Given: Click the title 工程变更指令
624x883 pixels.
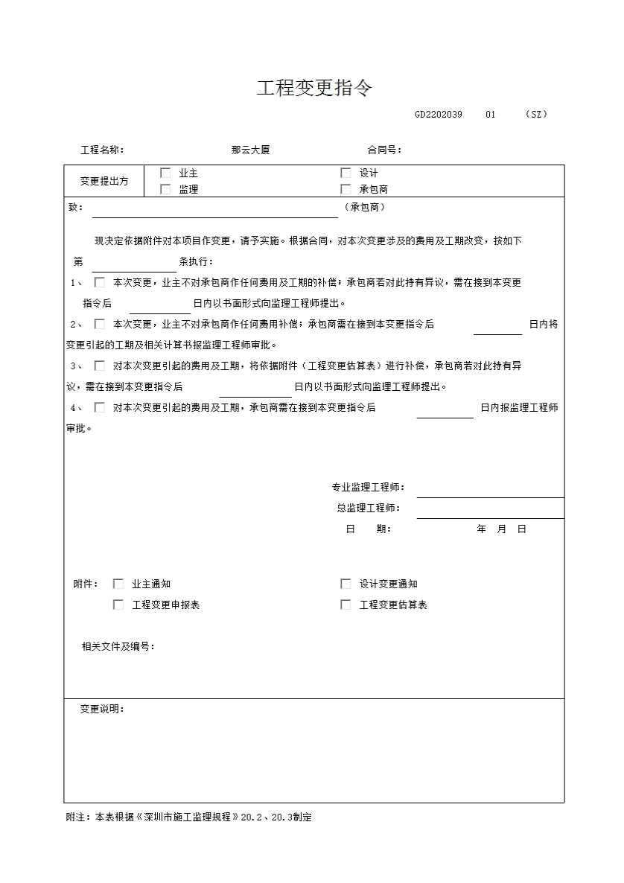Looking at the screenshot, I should pyautogui.click(x=314, y=89).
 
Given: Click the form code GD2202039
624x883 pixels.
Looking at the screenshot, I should pyautogui.click(x=439, y=115).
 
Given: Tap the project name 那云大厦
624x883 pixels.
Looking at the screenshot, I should pyautogui.click(x=250, y=150).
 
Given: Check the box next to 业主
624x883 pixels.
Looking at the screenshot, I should pyautogui.click(x=165, y=173).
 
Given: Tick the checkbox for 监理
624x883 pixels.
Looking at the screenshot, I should pyautogui.click(x=165, y=189).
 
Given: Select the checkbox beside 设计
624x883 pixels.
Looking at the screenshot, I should pyautogui.click(x=346, y=173).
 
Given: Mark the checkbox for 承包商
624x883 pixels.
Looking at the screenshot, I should pyautogui.click(x=346, y=189).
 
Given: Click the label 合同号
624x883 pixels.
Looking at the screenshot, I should pyautogui.click(x=384, y=150).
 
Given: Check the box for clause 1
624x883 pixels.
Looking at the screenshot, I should pyautogui.click(x=99, y=282).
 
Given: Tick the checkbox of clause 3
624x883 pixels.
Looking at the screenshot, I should pyautogui.click(x=99, y=366).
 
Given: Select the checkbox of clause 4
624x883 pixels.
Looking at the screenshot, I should pyautogui.click(x=99, y=407).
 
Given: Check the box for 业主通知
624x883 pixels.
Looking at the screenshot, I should pyautogui.click(x=118, y=584).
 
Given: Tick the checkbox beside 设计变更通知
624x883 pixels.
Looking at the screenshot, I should pyautogui.click(x=346, y=584).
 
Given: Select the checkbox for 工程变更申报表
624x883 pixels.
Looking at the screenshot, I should pyautogui.click(x=118, y=605).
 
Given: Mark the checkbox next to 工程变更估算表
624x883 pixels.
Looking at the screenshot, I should pyautogui.click(x=346, y=605).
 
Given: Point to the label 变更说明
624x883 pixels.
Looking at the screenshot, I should pyautogui.click(x=102, y=709).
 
